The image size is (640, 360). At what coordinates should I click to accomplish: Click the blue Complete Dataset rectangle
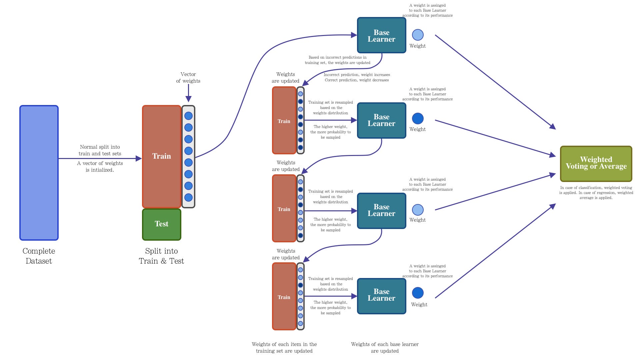click(39, 173)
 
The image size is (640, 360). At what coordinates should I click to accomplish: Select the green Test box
click(162, 224)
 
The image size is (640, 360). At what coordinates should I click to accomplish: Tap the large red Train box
click(162, 156)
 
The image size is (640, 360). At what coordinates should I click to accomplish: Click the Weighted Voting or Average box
click(596, 163)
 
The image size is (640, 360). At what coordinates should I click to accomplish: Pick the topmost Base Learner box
click(381, 35)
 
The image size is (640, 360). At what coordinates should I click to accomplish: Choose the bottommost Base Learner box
click(381, 296)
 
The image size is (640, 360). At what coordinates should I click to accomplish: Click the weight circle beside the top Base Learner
click(418, 35)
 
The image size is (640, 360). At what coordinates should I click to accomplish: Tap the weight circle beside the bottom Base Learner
click(418, 293)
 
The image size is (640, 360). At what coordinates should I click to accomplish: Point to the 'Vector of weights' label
click(188, 78)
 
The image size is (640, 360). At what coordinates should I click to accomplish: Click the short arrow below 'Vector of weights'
click(188, 93)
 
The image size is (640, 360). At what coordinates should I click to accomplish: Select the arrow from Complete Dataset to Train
click(100, 159)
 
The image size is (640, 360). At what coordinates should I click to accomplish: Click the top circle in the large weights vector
click(188, 116)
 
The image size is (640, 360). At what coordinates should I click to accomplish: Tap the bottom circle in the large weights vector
click(188, 197)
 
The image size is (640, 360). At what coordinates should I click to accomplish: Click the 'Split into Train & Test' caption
click(161, 256)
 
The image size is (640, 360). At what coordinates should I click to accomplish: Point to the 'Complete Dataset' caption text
click(39, 256)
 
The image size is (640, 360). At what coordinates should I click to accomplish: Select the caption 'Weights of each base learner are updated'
click(385, 347)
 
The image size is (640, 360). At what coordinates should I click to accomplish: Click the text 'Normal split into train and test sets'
click(100, 150)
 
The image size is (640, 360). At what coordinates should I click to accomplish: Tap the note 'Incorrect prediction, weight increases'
click(357, 75)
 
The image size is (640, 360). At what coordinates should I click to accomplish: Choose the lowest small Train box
click(284, 297)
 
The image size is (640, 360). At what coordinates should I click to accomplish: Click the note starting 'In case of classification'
click(596, 193)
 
